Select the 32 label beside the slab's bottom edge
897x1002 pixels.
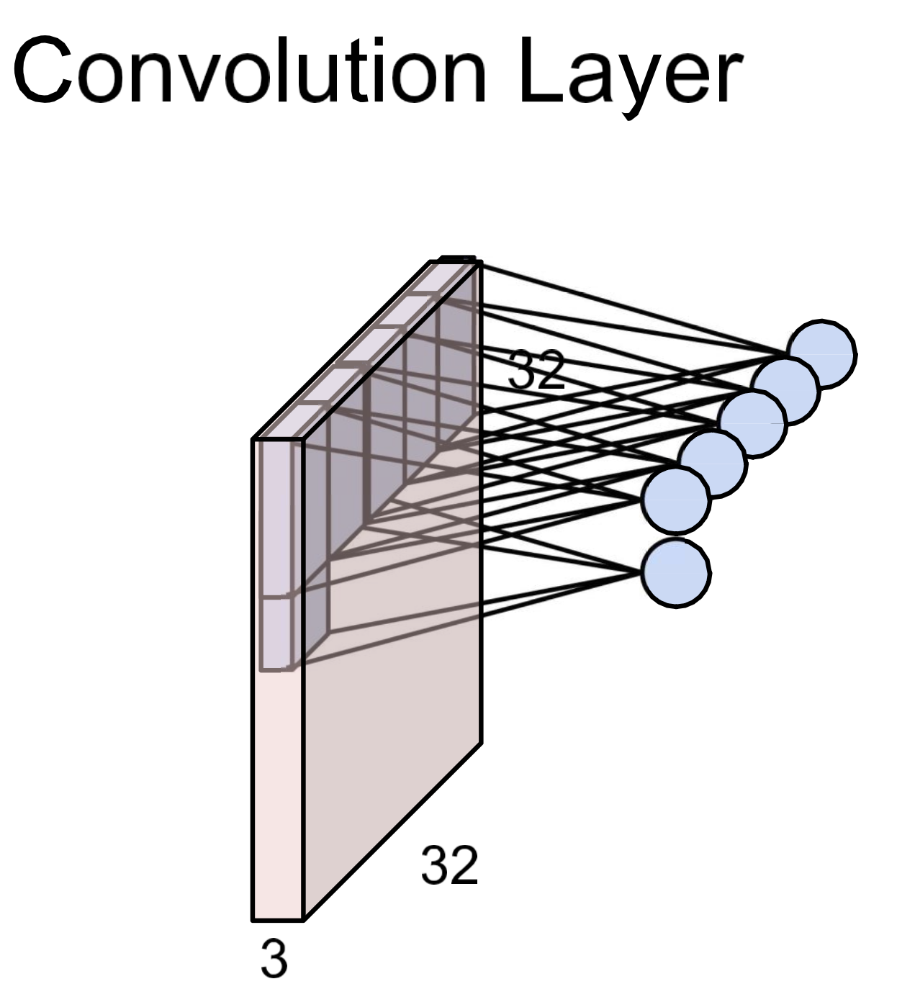click(x=449, y=865)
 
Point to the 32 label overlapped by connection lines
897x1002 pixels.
click(x=536, y=370)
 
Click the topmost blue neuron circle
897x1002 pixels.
click(x=821, y=353)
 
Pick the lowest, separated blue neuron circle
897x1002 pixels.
click(x=675, y=573)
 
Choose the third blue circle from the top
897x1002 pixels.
click(x=753, y=423)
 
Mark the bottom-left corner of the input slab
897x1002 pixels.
click(x=253, y=919)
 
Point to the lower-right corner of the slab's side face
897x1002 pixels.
click(x=480, y=741)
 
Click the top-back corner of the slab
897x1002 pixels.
click(x=477, y=261)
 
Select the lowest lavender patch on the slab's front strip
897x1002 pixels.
click(x=276, y=632)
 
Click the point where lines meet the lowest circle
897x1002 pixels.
click(x=641, y=573)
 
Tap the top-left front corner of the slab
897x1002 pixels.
click(x=253, y=439)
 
